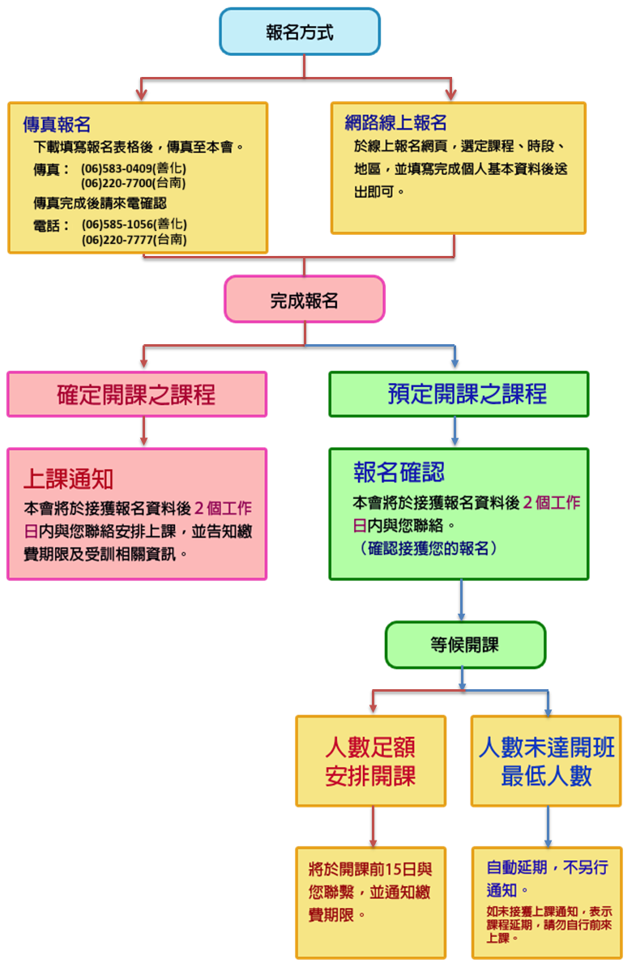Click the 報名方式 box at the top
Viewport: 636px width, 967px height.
click(300, 32)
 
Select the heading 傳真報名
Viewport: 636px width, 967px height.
click(56, 125)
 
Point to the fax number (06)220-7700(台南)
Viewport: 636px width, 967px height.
click(134, 183)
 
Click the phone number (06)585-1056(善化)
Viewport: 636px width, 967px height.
click(134, 224)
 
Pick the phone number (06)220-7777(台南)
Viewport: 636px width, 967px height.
click(134, 239)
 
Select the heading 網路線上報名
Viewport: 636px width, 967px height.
click(395, 123)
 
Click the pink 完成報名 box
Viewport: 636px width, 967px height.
click(304, 300)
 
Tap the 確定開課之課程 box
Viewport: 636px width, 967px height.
click(137, 394)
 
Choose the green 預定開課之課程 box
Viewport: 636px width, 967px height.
click(459, 394)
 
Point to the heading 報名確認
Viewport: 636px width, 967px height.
click(399, 472)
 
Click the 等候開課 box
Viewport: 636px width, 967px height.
click(465, 645)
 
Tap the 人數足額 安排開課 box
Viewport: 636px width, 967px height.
click(370, 761)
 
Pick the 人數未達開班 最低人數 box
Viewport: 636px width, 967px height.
click(546, 761)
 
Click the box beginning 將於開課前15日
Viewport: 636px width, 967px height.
click(370, 891)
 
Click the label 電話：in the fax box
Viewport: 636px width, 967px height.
click(51, 225)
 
